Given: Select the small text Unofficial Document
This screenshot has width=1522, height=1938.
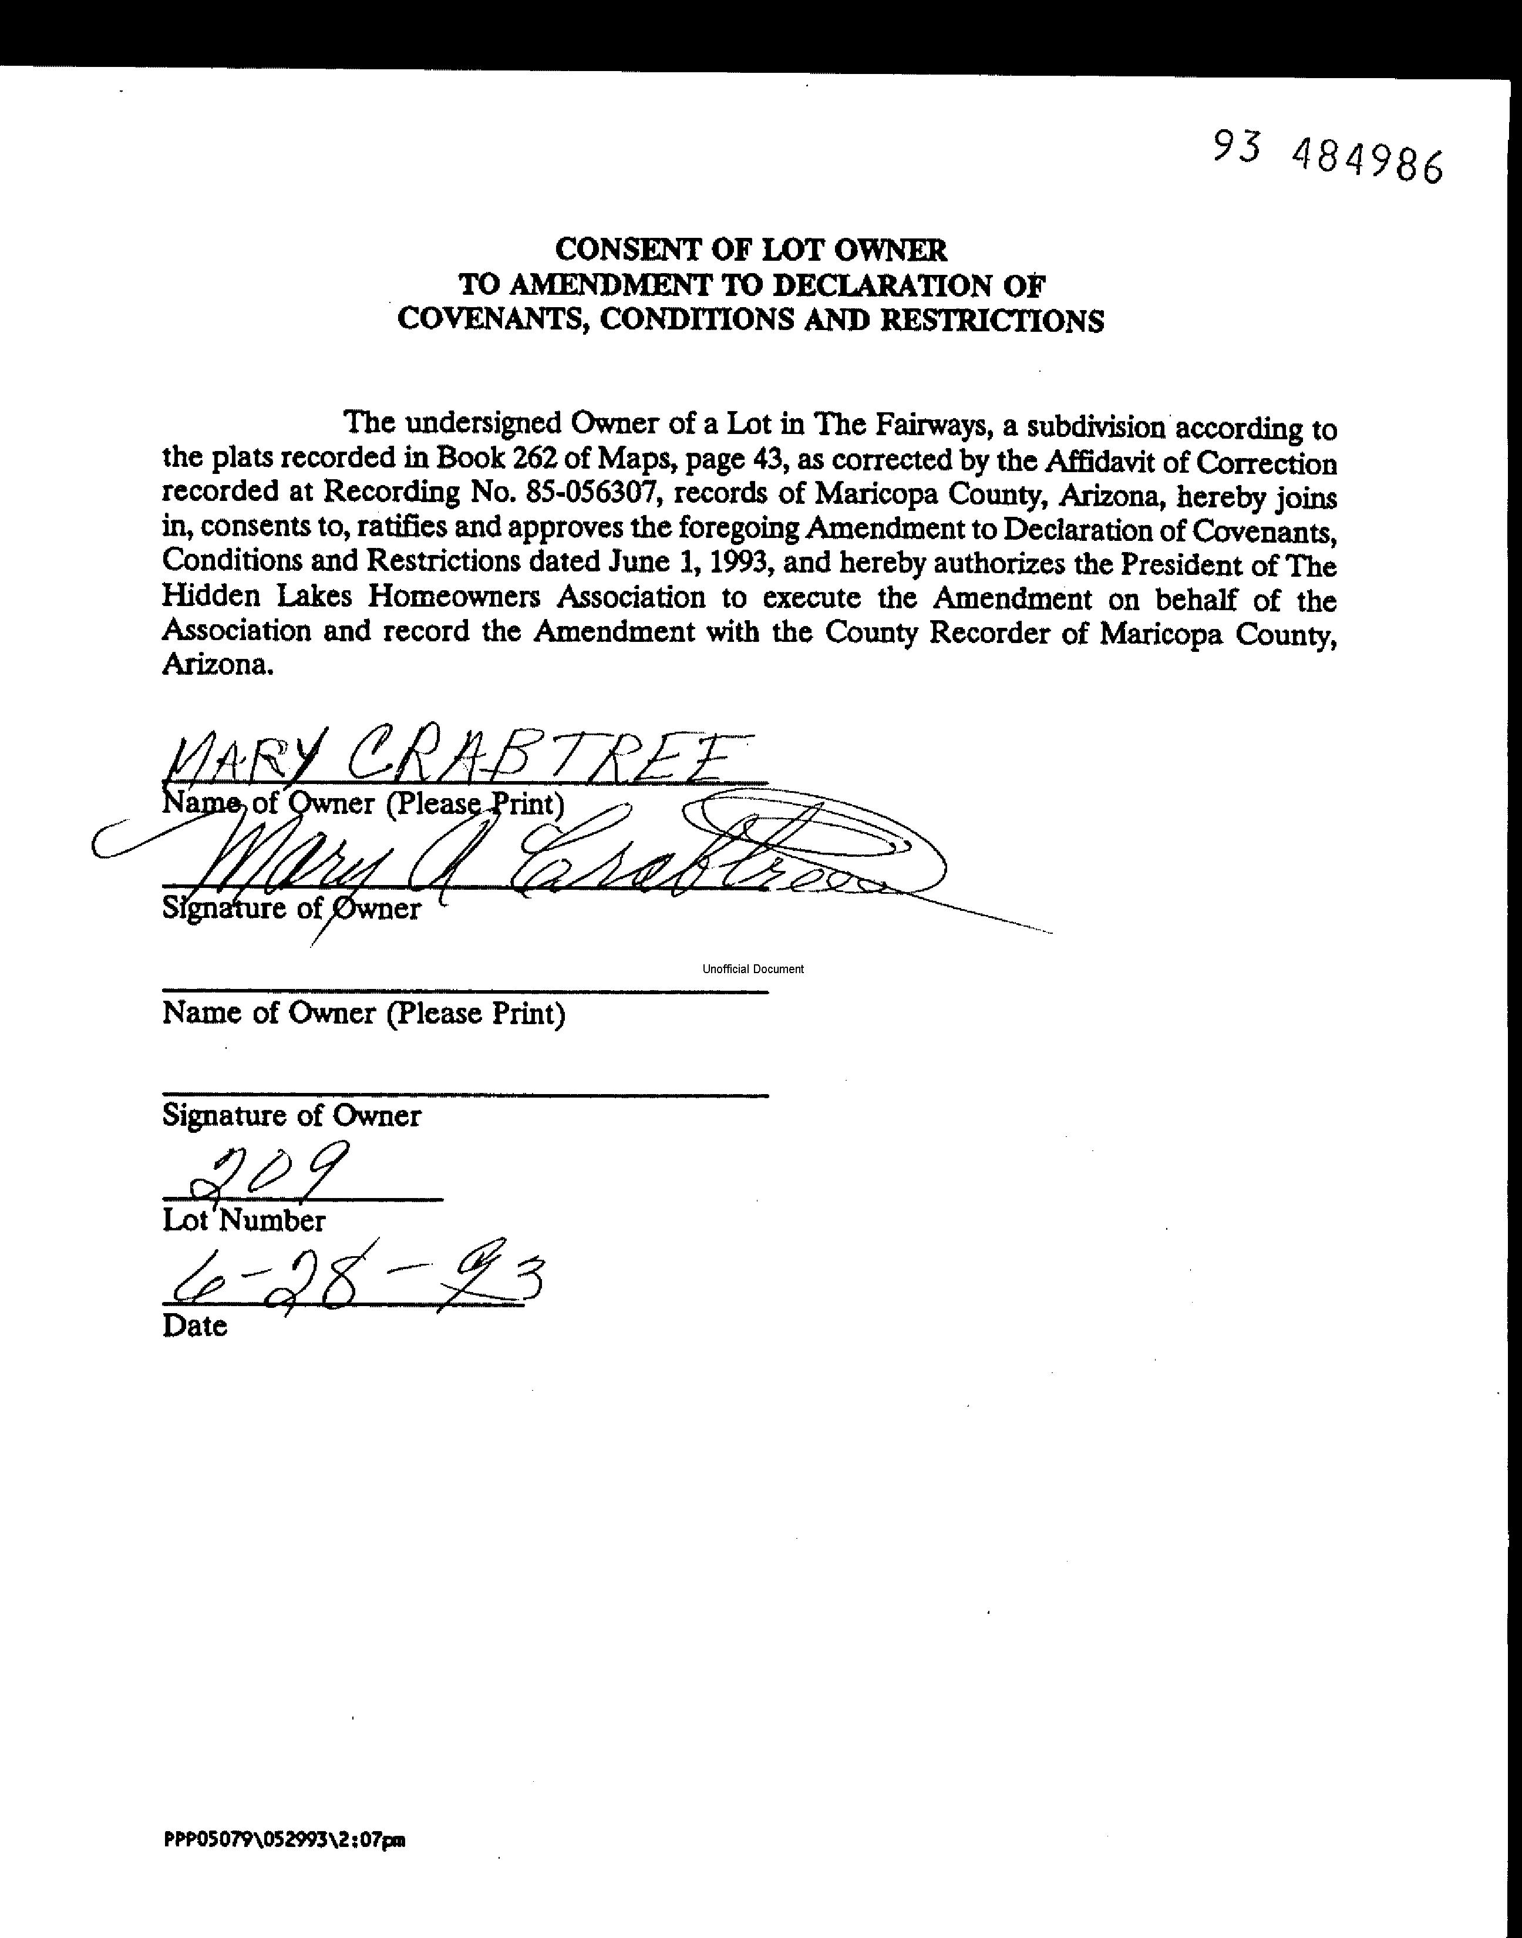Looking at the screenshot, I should [753, 968].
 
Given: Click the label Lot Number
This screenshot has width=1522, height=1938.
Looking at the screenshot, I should [243, 1220].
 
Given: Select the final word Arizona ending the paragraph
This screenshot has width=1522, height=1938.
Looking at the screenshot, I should [215, 665].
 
